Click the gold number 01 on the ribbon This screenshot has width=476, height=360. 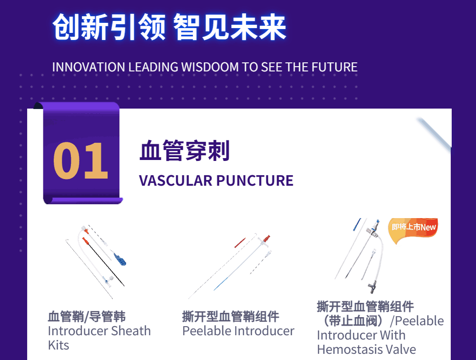click(80, 160)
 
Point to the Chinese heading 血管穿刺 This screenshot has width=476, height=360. click(185, 150)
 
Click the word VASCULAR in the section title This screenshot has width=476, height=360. click(176, 180)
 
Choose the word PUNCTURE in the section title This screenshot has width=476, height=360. click(255, 180)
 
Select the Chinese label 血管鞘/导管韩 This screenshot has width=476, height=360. click(87, 317)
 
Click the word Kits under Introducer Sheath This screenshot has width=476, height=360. click(59, 345)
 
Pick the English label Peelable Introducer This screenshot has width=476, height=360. click(238, 331)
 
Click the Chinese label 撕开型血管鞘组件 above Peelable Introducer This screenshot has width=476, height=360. click(231, 317)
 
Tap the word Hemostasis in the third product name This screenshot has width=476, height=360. click(349, 350)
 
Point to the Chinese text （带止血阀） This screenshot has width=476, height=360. click(353, 321)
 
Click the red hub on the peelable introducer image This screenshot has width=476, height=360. click(267, 238)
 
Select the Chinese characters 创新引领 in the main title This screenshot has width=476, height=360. click(109, 27)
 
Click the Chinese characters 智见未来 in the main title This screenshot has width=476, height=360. click(229, 27)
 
